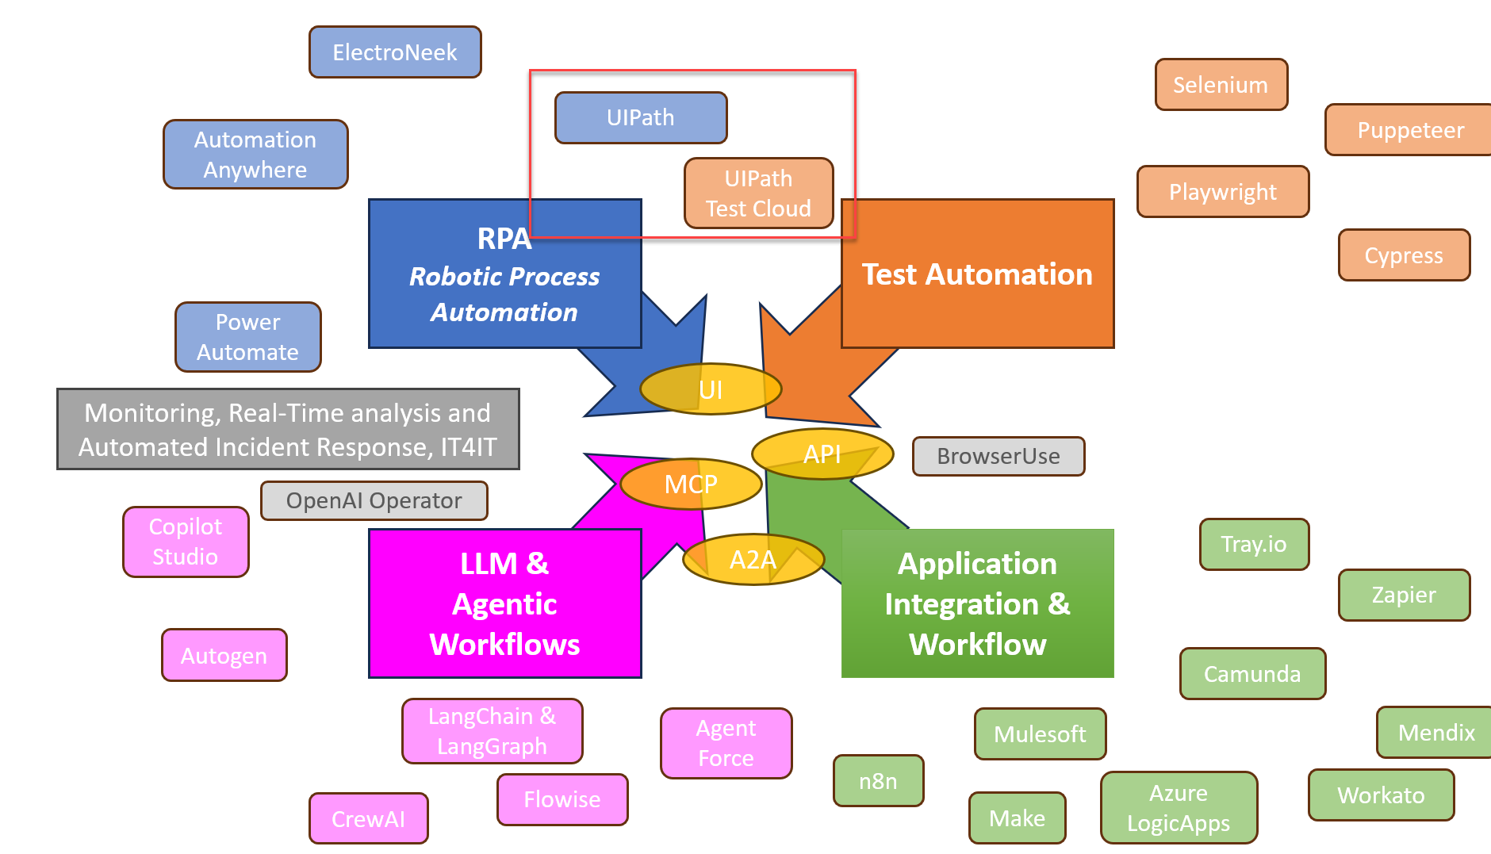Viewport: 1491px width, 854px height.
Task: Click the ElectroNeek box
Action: click(x=395, y=52)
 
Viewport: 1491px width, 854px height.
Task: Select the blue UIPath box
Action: click(x=641, y=117)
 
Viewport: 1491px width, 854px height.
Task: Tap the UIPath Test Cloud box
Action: click(x=758, y=193)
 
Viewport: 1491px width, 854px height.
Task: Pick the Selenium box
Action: click(x=1221, y=85)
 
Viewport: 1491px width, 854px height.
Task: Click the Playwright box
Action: click(x=1222, y=192)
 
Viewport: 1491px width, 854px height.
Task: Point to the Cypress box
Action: click(x=1404, y=255)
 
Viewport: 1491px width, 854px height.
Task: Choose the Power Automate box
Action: click(x=247, y=337)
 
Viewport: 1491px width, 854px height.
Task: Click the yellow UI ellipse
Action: click(x=711, y=389)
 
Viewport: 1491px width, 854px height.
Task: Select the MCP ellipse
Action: click(x=690, y=484)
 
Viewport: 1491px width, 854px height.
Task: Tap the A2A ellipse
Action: click(x=753, y=560)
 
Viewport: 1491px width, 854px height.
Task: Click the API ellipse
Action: click(x=822, y=454)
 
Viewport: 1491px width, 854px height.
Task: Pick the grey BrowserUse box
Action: click(x=998, y=456)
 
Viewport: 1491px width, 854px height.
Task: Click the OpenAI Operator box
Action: click(x=374, y=500)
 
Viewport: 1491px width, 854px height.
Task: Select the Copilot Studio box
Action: click(x=186, y=542)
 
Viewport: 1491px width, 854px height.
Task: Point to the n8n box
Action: click(x=878, y=781)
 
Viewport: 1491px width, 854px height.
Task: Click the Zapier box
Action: click(x=1404, y=595)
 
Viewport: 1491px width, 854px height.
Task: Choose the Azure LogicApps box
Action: click(x=1179, y=808)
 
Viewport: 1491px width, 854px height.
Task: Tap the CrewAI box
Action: click(x=368, y=818)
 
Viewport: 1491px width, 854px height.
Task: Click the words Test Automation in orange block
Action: click(x=977, y=274)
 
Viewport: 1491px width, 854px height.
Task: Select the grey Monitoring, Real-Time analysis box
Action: click(x=288, y=429)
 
